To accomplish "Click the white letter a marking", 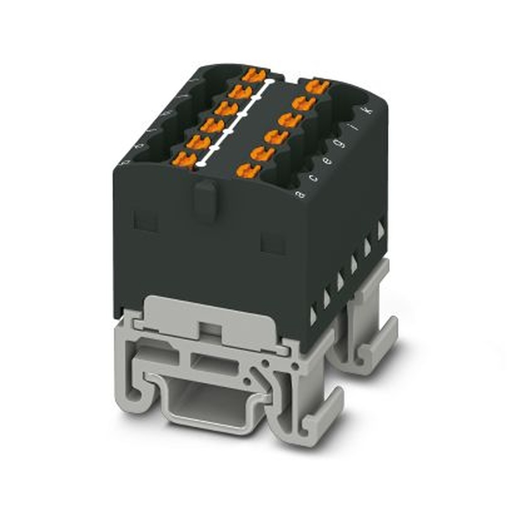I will point(301,194).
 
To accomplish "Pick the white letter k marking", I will point(364,111).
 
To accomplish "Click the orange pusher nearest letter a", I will point(248,171).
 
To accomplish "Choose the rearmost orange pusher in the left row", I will point(254,76).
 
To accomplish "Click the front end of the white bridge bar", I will point(202,164).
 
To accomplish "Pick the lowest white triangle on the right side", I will point(313,316).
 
